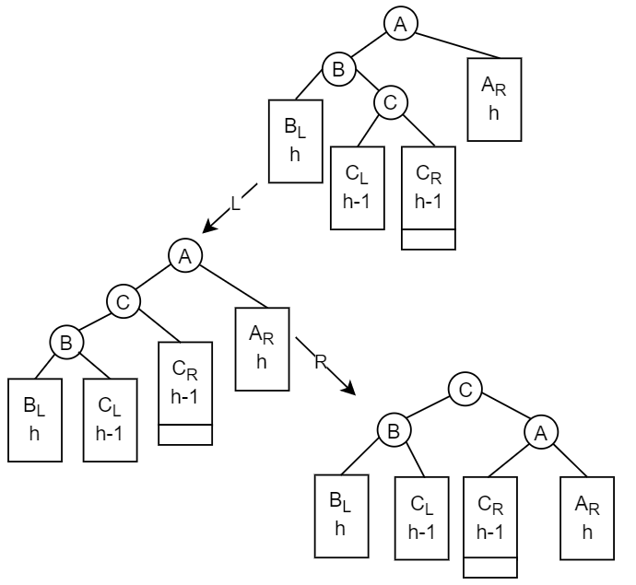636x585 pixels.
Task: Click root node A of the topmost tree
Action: [400, 25]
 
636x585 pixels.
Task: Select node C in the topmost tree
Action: [390, 103]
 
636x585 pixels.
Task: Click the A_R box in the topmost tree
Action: [494, 99]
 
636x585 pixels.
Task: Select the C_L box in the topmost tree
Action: [358, 188]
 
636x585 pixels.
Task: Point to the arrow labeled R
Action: [324, 366]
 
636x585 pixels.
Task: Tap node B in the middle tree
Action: [66, 342]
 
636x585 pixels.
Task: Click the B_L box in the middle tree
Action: [34, 419]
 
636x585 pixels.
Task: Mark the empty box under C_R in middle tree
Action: [185, 434]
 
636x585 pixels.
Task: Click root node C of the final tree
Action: [465, 390]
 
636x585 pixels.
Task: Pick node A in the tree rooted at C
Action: [540, 429]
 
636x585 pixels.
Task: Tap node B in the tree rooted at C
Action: [393, 429]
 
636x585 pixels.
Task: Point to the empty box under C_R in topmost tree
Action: [429, 239]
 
